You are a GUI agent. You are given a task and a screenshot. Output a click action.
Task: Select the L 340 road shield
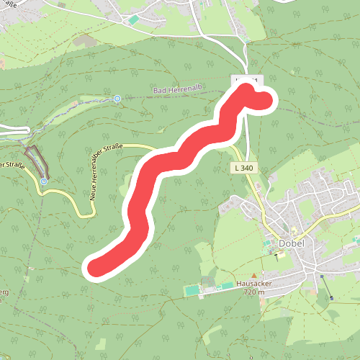click(243, 168)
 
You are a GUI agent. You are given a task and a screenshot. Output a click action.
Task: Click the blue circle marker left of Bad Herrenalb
click(117, 99)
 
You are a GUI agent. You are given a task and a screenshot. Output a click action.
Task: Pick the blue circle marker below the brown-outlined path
click(44, 181)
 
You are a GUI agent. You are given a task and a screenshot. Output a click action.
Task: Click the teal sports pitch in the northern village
click(133, 19)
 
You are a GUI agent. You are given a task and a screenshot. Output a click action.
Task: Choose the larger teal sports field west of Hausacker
click(192, 291)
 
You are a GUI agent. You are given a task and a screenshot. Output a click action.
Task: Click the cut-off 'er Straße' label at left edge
click(12, 165)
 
